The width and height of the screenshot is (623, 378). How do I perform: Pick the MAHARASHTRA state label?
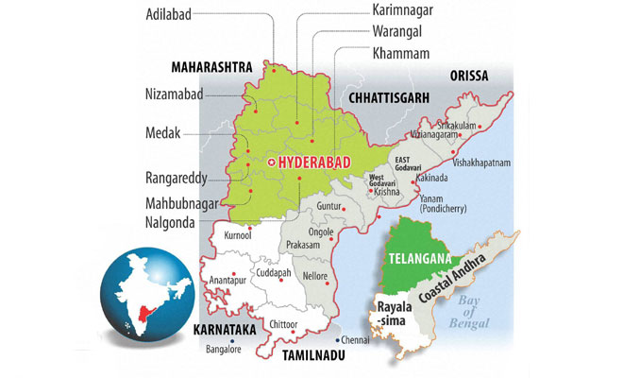coord(215,68)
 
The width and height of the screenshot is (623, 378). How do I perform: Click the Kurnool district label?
coord(238,235)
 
